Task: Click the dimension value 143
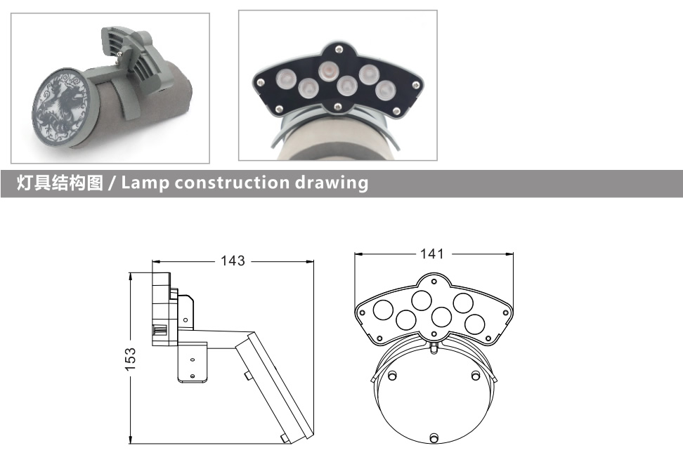233,261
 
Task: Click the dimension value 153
130,360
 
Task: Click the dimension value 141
431,254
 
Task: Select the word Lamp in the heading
145,183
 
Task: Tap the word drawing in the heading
332,183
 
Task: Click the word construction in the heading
232,183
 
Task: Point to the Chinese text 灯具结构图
60,183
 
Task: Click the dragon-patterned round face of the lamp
63,107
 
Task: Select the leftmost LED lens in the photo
286,79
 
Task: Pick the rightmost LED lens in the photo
386,90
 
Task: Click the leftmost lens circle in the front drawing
384,310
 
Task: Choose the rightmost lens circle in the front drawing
474,324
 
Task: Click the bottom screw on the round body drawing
434,437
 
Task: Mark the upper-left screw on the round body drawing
393,375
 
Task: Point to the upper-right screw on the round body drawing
476,375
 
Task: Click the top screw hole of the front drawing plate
434,282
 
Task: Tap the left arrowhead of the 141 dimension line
359,254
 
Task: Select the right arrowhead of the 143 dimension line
309,262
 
